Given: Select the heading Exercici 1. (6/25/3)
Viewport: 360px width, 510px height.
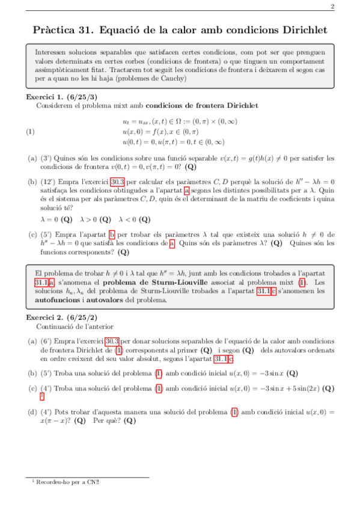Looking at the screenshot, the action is [62, 96].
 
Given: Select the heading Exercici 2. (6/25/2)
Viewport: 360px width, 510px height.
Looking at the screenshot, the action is [62, 317].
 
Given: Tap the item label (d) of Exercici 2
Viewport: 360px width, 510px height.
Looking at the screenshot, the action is [32, 412].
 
